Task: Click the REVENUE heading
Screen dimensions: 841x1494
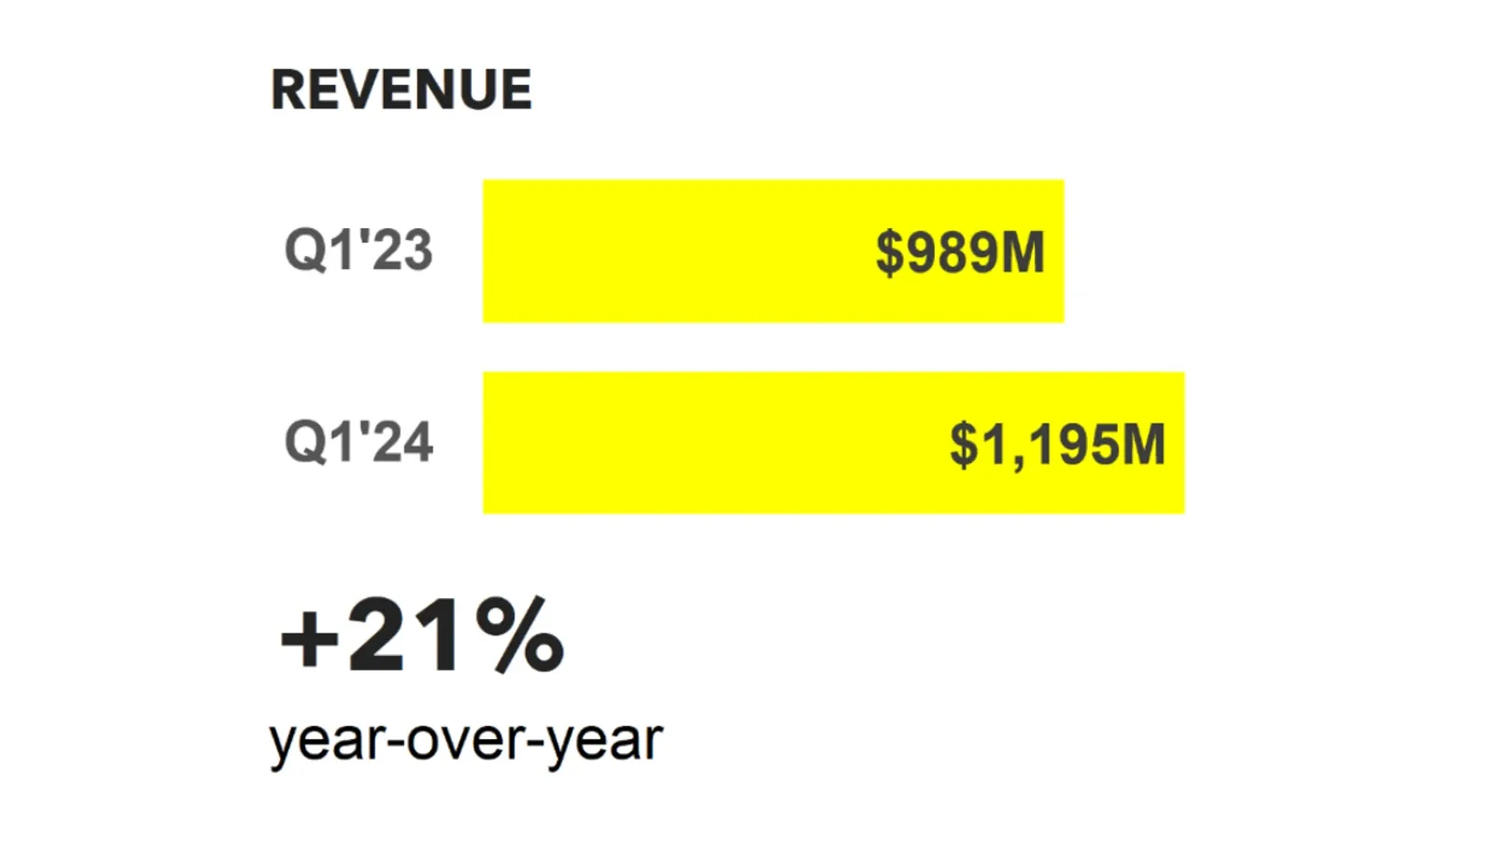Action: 402,90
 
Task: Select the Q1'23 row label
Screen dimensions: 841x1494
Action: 359,250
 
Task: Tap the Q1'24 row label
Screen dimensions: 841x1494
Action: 359,442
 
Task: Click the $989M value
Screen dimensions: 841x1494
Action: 960,252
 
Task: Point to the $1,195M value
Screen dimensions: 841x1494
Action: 1057,444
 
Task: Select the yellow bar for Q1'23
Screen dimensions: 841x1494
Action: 672,251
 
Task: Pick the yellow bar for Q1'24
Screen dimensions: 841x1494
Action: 710,443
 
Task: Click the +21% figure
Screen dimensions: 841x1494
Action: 422,636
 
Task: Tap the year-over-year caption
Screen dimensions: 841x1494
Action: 465,740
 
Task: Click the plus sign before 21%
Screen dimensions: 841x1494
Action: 309,640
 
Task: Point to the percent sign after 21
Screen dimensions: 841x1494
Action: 519,636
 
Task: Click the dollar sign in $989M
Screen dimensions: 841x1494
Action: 890,253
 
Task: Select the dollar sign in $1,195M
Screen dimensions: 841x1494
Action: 964,445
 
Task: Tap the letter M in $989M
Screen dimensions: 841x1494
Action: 1022,253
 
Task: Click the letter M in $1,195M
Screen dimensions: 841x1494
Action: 1143,445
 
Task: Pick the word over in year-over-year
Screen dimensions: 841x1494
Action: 465,740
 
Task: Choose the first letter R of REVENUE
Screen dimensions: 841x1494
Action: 289,90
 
